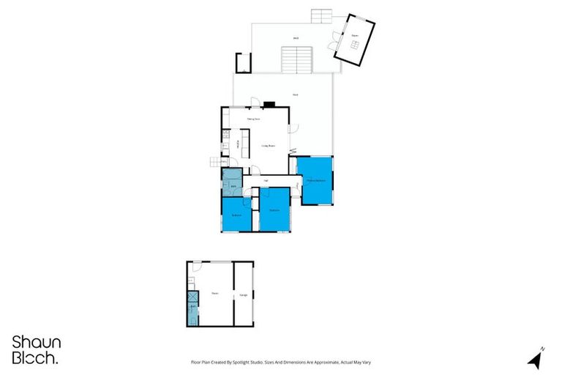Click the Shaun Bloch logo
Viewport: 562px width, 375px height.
click(x=37, y=349)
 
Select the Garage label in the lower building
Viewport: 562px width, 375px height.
click(x=243, y=295)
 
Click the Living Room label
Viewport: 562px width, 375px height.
click(x=269, y=146)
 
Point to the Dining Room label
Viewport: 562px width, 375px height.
click(x=254, y=119)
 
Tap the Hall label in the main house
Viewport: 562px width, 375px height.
click(x=266, y=180)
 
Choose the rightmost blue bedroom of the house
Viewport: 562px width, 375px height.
click(x=315, y=179)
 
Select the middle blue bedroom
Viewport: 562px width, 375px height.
click(x=274, y=209)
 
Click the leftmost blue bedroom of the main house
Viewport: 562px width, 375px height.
click(x=236, y=214)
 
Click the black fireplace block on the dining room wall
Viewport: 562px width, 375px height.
click(x=270, y=105)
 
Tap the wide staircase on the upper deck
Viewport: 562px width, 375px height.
click(x=297, y=59)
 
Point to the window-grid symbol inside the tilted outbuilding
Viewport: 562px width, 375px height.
click(x=354, y=46)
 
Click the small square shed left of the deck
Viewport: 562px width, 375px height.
click(x=243, y=63)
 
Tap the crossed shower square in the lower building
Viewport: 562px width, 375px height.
click(x=193, y=298)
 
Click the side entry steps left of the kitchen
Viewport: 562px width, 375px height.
click(x=214, y=163)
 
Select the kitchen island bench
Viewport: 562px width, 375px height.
click(x=245, y=143)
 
